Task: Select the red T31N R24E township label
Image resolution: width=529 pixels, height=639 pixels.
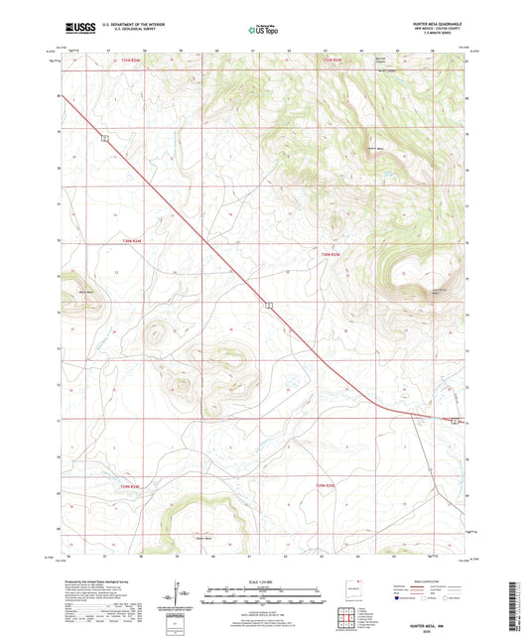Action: coord(119,61)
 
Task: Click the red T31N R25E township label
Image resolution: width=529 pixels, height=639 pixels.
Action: coord(331,61)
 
